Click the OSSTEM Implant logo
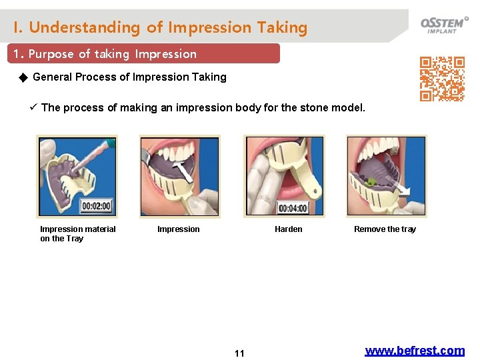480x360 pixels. click(x=444, y=24)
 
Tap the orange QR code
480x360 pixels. click(x=442, y=79)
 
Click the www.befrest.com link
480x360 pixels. click(x=415, y=351)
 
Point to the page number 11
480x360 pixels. click(x=239, y=353)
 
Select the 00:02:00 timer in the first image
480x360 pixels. click(x=97, y=206)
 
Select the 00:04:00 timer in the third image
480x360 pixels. click(x=293, y=208)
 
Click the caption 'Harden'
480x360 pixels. click(x=288, y=229)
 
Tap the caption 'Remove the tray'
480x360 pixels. click(x=385, y=229)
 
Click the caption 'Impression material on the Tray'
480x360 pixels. click(x=77, y=233)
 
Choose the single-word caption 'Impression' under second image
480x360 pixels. click(x=178, y=229)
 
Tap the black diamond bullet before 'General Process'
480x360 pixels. click(x=23, y=77)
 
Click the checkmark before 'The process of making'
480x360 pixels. click(x=33, y=107)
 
